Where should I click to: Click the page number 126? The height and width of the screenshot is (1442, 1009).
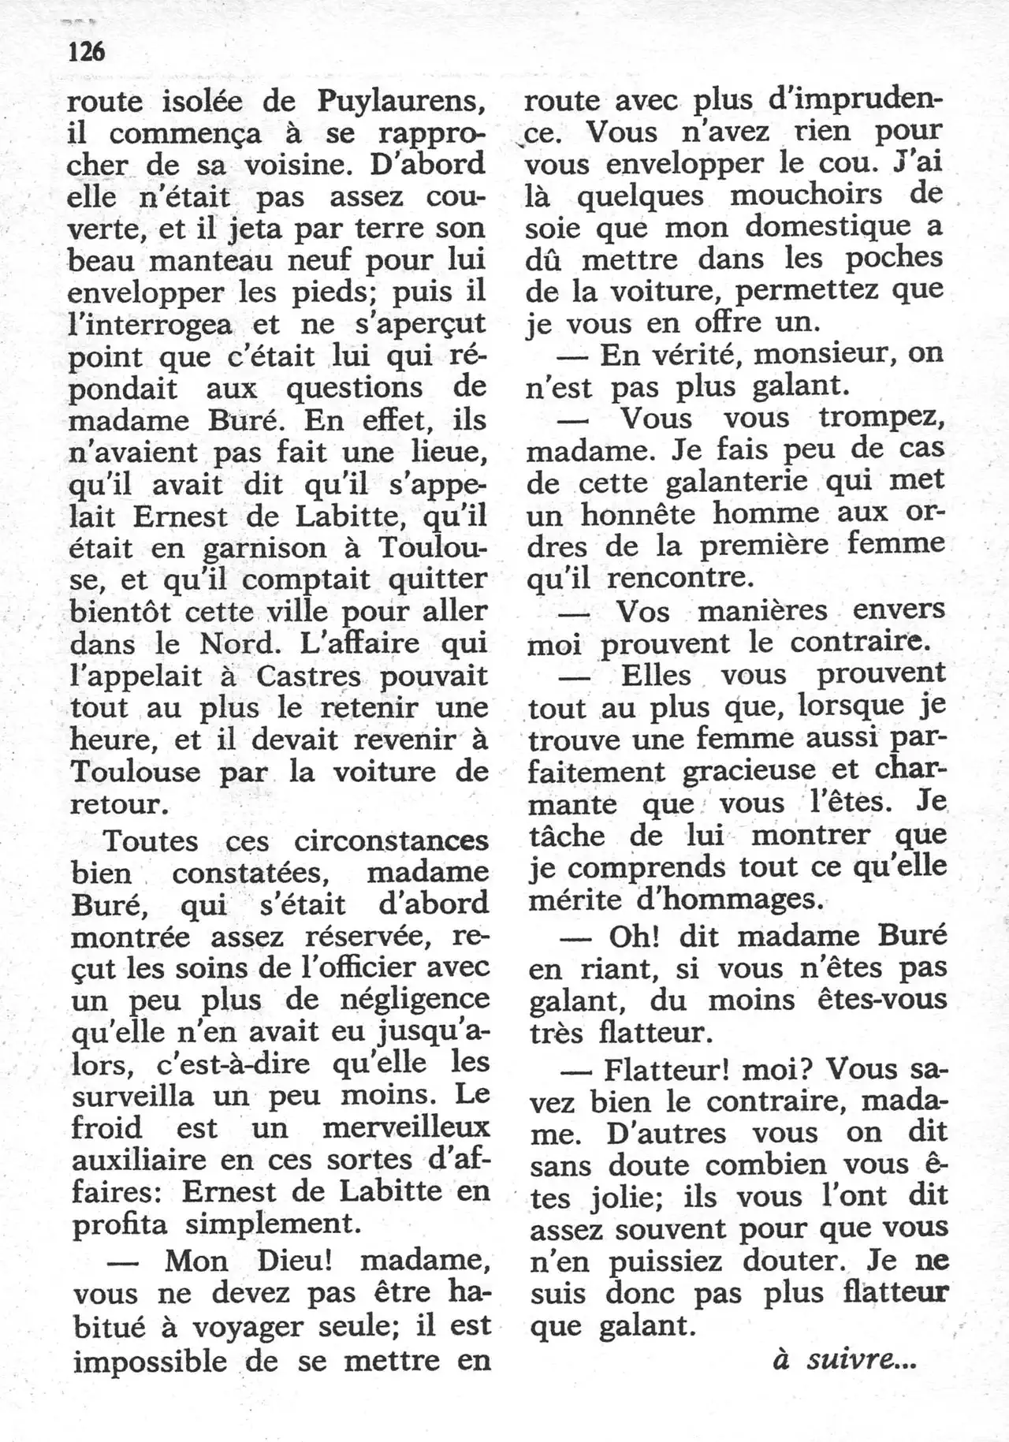click(x=87, y=52)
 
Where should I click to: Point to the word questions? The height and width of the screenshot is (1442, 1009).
click(x=355, y=389)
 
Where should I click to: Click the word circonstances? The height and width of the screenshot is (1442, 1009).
click(x=391, y=840)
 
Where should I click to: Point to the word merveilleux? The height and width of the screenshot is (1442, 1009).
click(x=406, y=1128)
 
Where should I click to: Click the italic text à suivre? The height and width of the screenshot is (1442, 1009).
click(x=844, y=1359)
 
